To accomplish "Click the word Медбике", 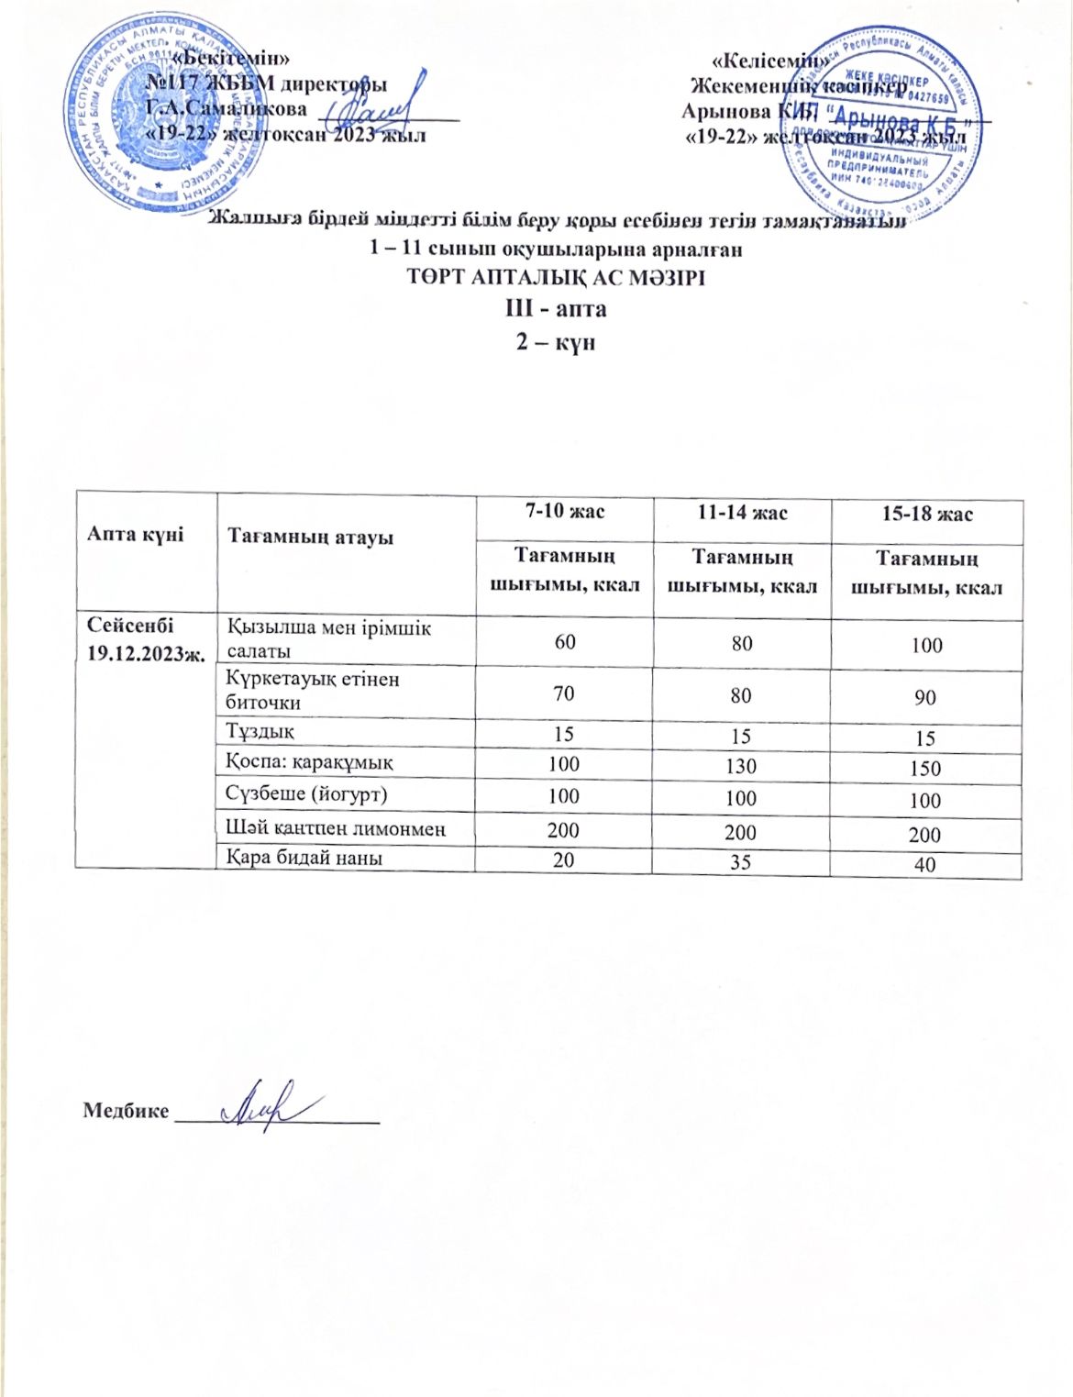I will [126, 1111].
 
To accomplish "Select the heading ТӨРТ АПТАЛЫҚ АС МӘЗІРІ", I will [556, 277].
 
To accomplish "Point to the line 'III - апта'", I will [556, 308].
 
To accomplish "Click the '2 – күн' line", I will [556, 342].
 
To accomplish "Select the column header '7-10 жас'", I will [564, 512].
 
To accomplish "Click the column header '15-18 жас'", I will [926, 515].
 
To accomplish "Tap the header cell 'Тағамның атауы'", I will [310, 537].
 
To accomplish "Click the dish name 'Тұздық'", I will [260, 731].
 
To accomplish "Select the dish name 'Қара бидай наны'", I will [304, 858].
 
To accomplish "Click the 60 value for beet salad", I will [564, 641].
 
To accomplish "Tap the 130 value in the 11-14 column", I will [741, 766].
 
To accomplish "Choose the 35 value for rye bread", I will [741, 861].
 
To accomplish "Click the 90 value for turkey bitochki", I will [924, 697].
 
